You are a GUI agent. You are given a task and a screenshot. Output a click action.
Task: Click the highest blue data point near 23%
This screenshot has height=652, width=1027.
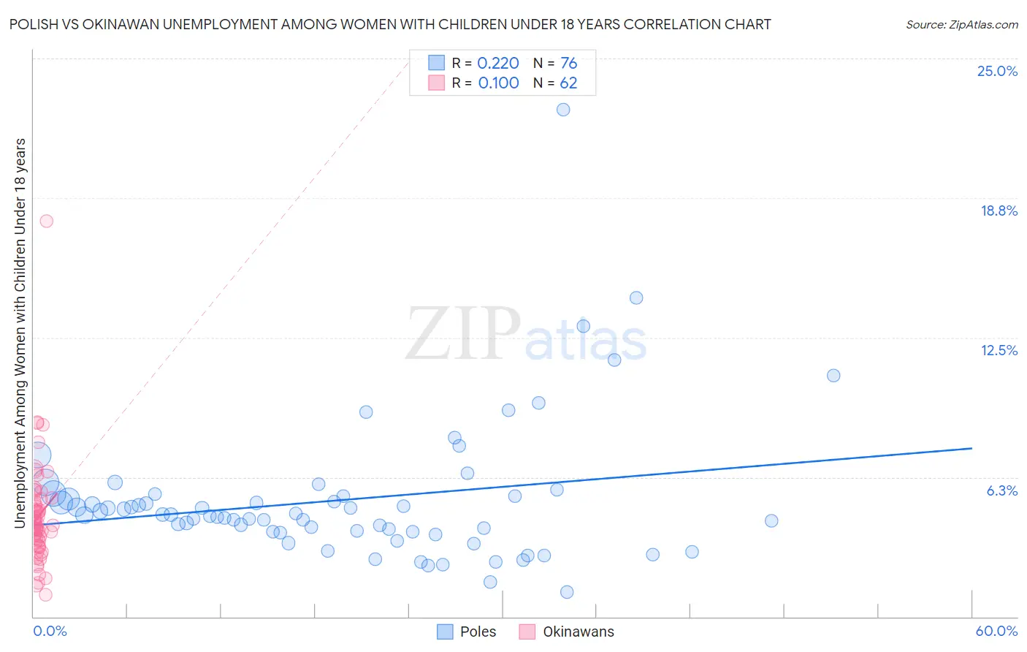pos(563,110)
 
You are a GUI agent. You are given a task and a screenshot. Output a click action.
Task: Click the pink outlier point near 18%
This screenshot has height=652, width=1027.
pos(47,221)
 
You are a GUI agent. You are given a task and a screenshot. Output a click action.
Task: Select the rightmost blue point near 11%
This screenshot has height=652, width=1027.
pos(833,376)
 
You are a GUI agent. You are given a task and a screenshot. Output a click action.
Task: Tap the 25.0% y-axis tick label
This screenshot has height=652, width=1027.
pos(997,71)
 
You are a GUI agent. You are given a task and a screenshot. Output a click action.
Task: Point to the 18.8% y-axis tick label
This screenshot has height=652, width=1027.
pos(999,211)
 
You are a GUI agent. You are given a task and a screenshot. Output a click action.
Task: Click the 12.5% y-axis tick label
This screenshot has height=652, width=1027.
pos(999,350)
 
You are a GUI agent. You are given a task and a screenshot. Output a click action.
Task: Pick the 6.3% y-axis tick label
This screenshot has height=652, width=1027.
pos(1001,490)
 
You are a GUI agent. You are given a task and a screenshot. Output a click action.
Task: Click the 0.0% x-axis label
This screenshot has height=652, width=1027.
pos(50,631)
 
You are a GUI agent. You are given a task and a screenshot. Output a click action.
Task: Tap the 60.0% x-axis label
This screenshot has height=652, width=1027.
pos(996,631)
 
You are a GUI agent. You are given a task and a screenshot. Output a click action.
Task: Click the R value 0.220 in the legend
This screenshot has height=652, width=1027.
pos(498,64)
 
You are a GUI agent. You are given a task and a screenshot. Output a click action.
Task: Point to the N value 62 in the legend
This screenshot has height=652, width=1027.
pos(568,83)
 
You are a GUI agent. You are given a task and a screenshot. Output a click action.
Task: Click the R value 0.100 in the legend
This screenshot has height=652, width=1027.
pos(498,83)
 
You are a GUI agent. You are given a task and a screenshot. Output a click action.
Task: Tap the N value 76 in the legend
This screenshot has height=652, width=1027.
pos(568,64)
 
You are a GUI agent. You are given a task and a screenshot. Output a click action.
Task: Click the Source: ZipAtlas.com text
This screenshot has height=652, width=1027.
pos(961,25)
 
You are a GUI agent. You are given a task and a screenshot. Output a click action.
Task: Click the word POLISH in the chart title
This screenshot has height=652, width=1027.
pos(32,25)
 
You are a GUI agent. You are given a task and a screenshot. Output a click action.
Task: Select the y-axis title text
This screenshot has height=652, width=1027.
pos(20,333)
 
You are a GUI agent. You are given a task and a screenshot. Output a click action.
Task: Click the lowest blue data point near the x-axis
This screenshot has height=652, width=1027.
pos(567,592)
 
